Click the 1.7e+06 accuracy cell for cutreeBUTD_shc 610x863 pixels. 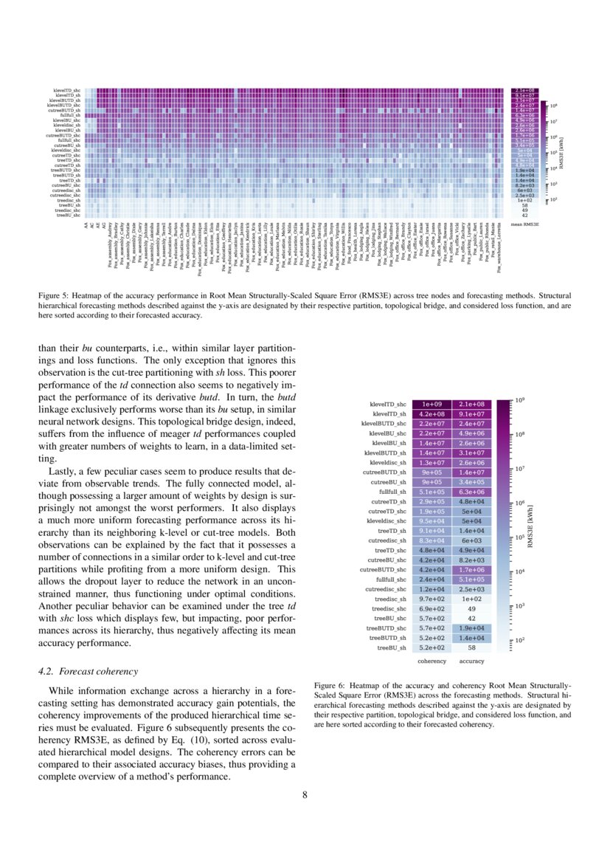(472, 569)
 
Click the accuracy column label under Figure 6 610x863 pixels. (472, 661)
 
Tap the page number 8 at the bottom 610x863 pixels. (305, 795)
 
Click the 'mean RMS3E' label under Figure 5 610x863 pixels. (525, 222)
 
